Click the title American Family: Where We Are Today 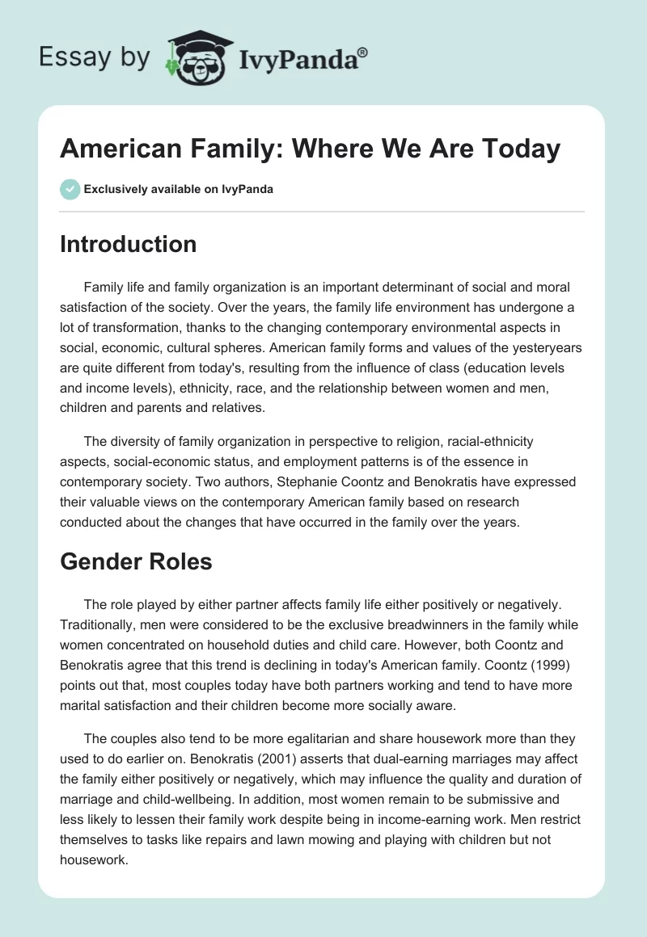click(310, 149)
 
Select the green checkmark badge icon click(70, 190)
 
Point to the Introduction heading click(128, 244)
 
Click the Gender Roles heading click(136, 561)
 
